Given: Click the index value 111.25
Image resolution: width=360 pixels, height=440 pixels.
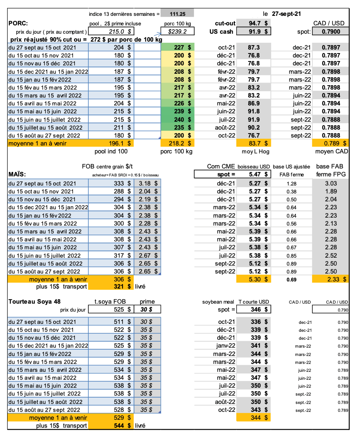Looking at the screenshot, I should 178,13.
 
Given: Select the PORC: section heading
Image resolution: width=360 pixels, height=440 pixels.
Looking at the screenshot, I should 18,23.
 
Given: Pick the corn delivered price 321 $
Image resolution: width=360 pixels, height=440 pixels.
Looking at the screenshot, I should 123,287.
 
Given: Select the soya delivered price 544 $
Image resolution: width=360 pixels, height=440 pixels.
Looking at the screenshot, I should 123,425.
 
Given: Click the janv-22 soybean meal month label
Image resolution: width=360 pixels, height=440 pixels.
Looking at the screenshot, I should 226,346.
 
